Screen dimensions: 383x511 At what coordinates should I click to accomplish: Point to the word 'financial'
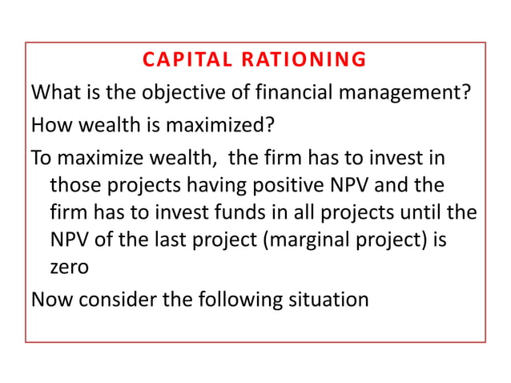click(284, 93)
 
